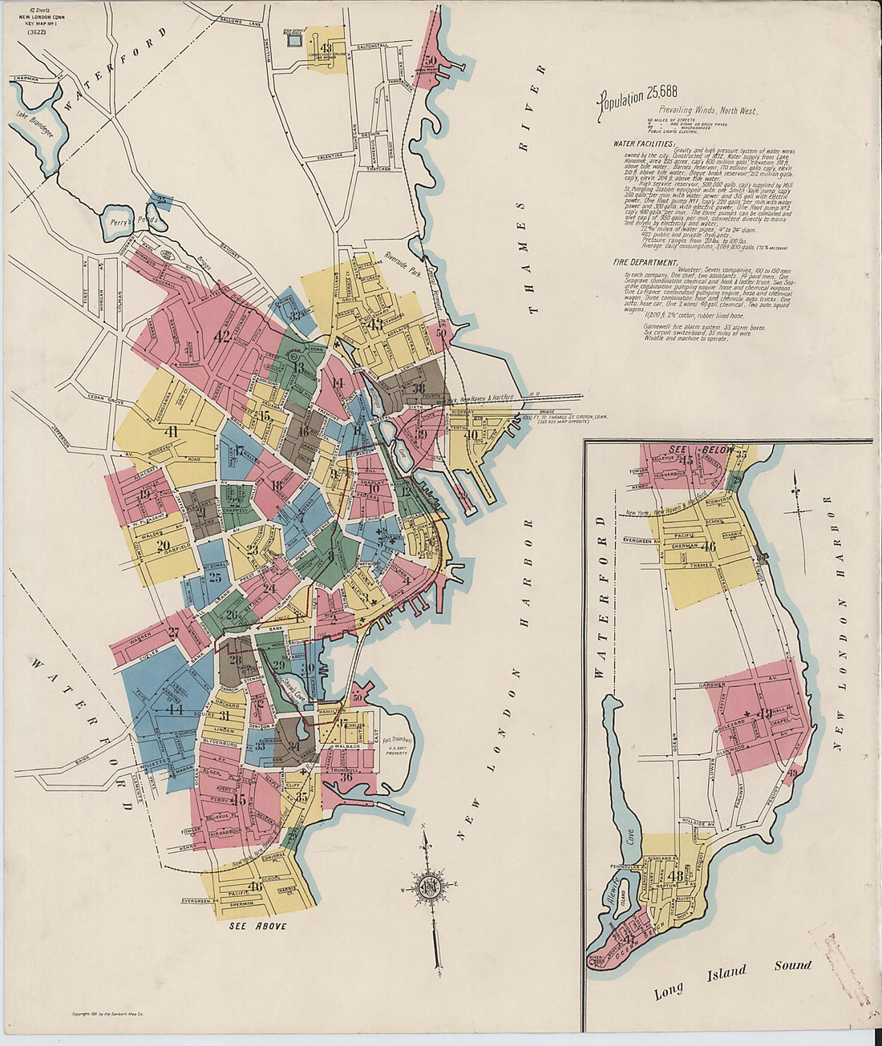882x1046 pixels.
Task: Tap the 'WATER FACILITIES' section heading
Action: [x=644, y=143]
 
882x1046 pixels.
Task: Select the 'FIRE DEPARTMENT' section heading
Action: [x=645, y=262]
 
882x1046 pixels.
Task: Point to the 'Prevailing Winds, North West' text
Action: [x=708, y=111]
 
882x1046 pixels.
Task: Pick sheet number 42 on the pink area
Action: [x=223, y=337]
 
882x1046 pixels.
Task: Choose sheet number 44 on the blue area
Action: [x=175, y=709]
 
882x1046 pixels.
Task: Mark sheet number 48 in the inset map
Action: [x=675, y=875]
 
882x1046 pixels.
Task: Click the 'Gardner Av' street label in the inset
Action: [x=712, y=685]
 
